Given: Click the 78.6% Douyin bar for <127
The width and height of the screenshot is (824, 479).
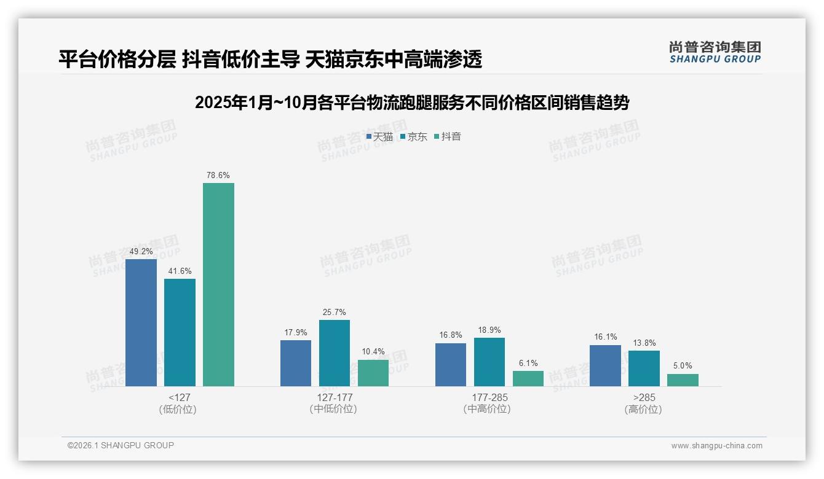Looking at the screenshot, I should click(x=218, y=284).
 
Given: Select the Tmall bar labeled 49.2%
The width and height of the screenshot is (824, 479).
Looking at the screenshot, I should click(x=141, y=322).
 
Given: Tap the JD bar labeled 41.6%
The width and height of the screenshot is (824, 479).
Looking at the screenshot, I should click(x=180, y=332).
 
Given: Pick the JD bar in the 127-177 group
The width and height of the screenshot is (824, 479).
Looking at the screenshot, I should click(x=334, y=353).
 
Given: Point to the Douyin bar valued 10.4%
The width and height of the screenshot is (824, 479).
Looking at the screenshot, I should click(x=373, y=373).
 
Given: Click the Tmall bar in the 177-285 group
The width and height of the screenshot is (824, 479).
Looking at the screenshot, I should click(x=450, y=365).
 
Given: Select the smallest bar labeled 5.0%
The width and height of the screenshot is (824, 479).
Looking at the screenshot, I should click(x=683, y=380).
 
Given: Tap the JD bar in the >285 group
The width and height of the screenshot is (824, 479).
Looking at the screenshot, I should click(x=644, y=368).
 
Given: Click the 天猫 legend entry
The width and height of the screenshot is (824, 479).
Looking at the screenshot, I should click(x=379, y=137).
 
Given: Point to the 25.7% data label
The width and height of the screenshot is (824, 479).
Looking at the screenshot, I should click(x=334, y=313).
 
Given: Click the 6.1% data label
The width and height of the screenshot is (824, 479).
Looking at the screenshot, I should click(x=528, y=364).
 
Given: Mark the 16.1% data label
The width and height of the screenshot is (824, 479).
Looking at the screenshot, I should click(x=605, y=337).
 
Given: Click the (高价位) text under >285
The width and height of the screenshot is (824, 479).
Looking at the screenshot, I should click(x=643, y=409).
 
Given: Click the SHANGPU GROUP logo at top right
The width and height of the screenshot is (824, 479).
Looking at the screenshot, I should click(x=715, y=52).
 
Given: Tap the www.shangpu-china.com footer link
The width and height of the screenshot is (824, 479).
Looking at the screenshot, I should click(x=716, y=446).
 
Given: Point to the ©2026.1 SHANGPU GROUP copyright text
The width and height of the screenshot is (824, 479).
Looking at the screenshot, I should click(x=121, y=445).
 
